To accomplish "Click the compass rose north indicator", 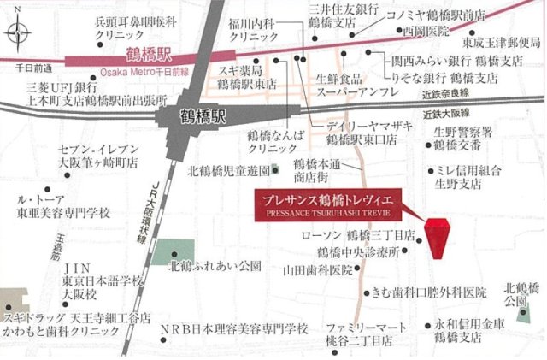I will tap(20, 35).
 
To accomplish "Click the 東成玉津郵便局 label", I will tap(502, 42).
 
